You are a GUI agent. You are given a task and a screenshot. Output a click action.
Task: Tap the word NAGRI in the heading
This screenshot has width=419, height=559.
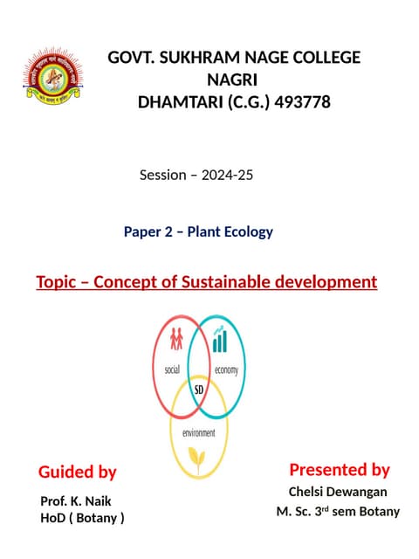coord(234,79)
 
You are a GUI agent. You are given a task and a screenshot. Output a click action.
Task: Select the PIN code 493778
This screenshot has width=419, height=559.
coord(303,101)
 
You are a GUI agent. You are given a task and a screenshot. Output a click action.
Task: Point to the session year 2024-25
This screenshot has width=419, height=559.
coord(227,175)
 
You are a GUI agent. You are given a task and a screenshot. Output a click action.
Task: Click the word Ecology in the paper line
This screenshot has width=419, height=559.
coord(246,231)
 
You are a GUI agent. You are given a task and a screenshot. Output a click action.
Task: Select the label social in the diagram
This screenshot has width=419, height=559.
coord(172,369)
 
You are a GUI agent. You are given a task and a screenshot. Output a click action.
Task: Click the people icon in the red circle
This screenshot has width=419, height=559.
coord(177,336)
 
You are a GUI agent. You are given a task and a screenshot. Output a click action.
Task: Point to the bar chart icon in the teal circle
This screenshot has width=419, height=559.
coord(222,339)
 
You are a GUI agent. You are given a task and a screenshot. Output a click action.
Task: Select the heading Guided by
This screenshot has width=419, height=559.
coord(77,472)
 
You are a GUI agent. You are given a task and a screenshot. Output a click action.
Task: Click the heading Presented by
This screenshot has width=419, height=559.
coord(339,470)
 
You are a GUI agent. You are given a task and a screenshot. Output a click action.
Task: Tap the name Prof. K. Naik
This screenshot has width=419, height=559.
coord(76,500)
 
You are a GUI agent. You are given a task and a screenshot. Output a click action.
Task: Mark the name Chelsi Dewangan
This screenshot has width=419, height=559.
coord(339,493)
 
